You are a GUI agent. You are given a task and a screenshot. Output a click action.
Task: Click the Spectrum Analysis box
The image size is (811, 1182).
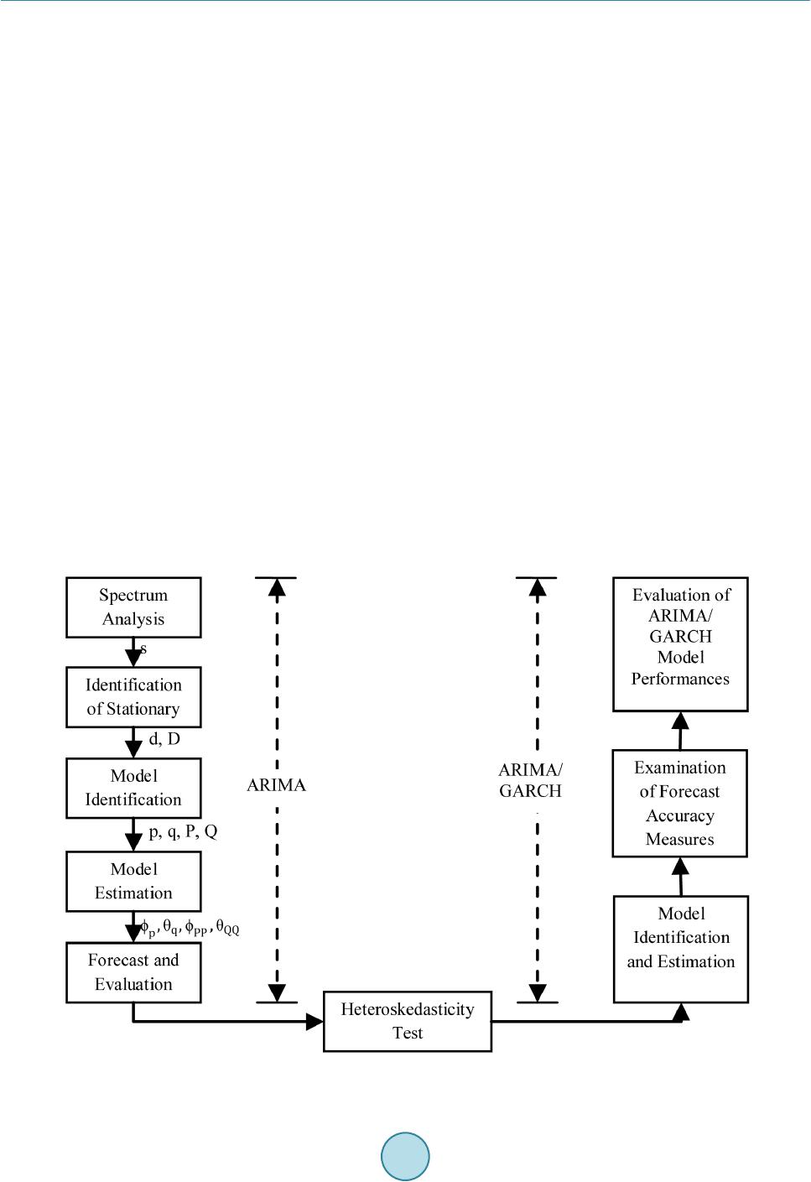tap(133, 607)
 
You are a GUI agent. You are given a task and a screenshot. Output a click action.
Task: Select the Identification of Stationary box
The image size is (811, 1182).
tap(133, 697)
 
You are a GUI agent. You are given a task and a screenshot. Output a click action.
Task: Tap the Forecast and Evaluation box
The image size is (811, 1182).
tap(133, 972)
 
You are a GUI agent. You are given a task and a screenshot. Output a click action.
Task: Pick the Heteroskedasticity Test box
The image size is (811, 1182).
tap(408, 1022)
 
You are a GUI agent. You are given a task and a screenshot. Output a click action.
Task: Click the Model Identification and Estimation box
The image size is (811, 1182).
tap(681, 950)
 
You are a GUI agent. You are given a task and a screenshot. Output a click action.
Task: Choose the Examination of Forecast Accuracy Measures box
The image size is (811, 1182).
tap(679, 803)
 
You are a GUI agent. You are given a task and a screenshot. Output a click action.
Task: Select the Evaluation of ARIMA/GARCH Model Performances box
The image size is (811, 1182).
tap(680, 643)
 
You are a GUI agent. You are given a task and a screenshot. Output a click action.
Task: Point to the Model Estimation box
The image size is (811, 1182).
tap(133, 881)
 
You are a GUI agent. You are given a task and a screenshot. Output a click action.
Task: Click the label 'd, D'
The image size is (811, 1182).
tap(164, 739)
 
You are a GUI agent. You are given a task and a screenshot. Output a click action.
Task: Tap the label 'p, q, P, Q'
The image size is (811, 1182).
tap(183, 831)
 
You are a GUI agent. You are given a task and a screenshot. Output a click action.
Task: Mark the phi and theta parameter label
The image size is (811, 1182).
tap(190, 927)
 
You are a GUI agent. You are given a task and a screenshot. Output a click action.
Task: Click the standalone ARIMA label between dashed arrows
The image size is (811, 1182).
tap(276, 785)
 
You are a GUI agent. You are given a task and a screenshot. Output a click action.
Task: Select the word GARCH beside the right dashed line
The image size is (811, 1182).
tap(530, 791)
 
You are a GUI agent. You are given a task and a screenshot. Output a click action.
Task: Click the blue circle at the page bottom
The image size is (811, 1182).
tap(405, 1156)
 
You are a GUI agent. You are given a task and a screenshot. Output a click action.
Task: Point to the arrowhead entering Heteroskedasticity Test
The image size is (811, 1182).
tap(315, 1022)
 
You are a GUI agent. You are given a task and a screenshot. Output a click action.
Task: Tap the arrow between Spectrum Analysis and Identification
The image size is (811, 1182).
tap(133, 652)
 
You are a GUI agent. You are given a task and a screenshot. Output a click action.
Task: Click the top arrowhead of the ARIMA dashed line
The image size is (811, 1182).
tap(277, 587)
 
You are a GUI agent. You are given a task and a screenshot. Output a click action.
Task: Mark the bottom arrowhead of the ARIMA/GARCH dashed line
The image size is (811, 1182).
tap(537, 992)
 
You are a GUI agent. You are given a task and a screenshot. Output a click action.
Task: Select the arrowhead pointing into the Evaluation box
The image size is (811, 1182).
tap(681, 721)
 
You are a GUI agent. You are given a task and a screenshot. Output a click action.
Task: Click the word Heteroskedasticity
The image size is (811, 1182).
tap(408, 1009)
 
